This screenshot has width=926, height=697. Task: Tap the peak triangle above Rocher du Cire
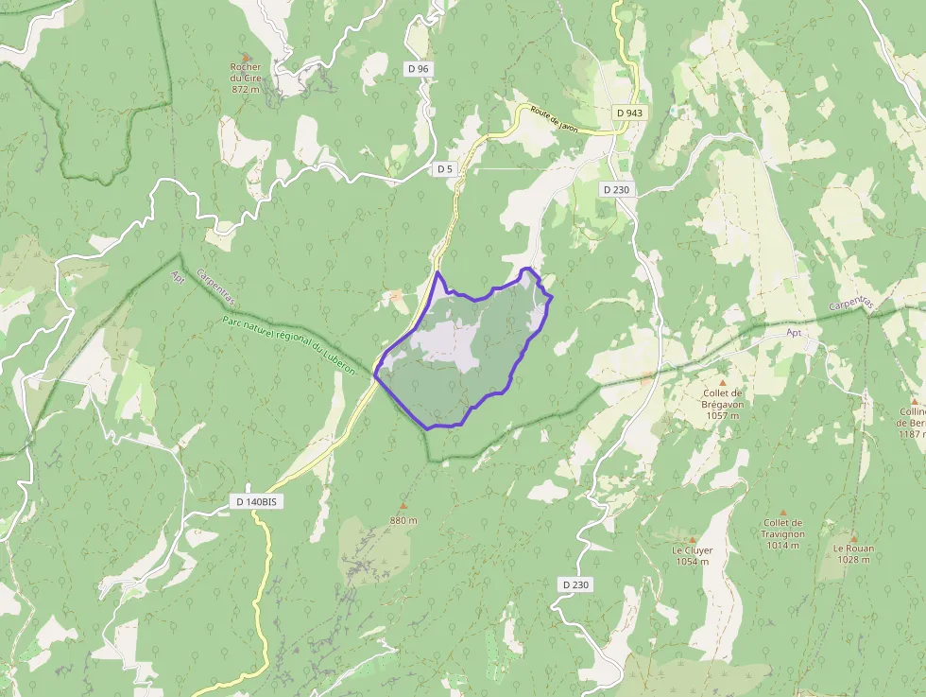[246, 57]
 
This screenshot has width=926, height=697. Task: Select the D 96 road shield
[418, 68]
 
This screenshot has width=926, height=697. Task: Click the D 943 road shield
[628, 113]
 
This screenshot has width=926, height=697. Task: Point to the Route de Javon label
[554, 119]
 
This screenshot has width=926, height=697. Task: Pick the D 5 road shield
[445, 168]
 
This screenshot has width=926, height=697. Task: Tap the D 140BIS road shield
[256, 501]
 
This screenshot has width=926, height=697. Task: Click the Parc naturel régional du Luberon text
[288, 345]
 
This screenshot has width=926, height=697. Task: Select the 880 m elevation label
[403, 520]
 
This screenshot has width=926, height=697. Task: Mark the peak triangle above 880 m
[403, 506]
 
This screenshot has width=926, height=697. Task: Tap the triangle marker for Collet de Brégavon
[723, 382]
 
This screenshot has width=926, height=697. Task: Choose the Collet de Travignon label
[783, 533]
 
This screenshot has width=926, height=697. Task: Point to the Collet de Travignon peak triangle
[784, 512]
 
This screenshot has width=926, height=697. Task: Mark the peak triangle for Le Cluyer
[692, 539]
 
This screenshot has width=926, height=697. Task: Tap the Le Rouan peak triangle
[853, 537]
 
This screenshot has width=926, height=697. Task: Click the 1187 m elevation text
[912, 433]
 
